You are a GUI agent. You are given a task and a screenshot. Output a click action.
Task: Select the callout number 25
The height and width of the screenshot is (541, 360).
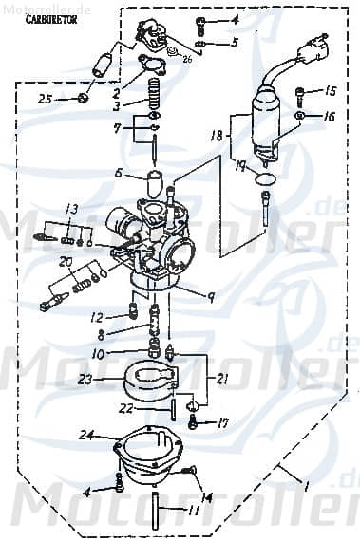[45, 99]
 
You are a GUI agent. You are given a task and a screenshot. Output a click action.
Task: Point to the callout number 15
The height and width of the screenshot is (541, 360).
[331, 92]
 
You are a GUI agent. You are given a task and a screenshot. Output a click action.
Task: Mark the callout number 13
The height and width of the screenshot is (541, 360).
[71, 209]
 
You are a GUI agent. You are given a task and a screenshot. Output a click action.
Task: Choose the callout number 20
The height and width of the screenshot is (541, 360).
[66, 262]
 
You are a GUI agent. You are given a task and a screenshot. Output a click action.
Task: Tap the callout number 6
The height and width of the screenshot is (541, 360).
[119, 173]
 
